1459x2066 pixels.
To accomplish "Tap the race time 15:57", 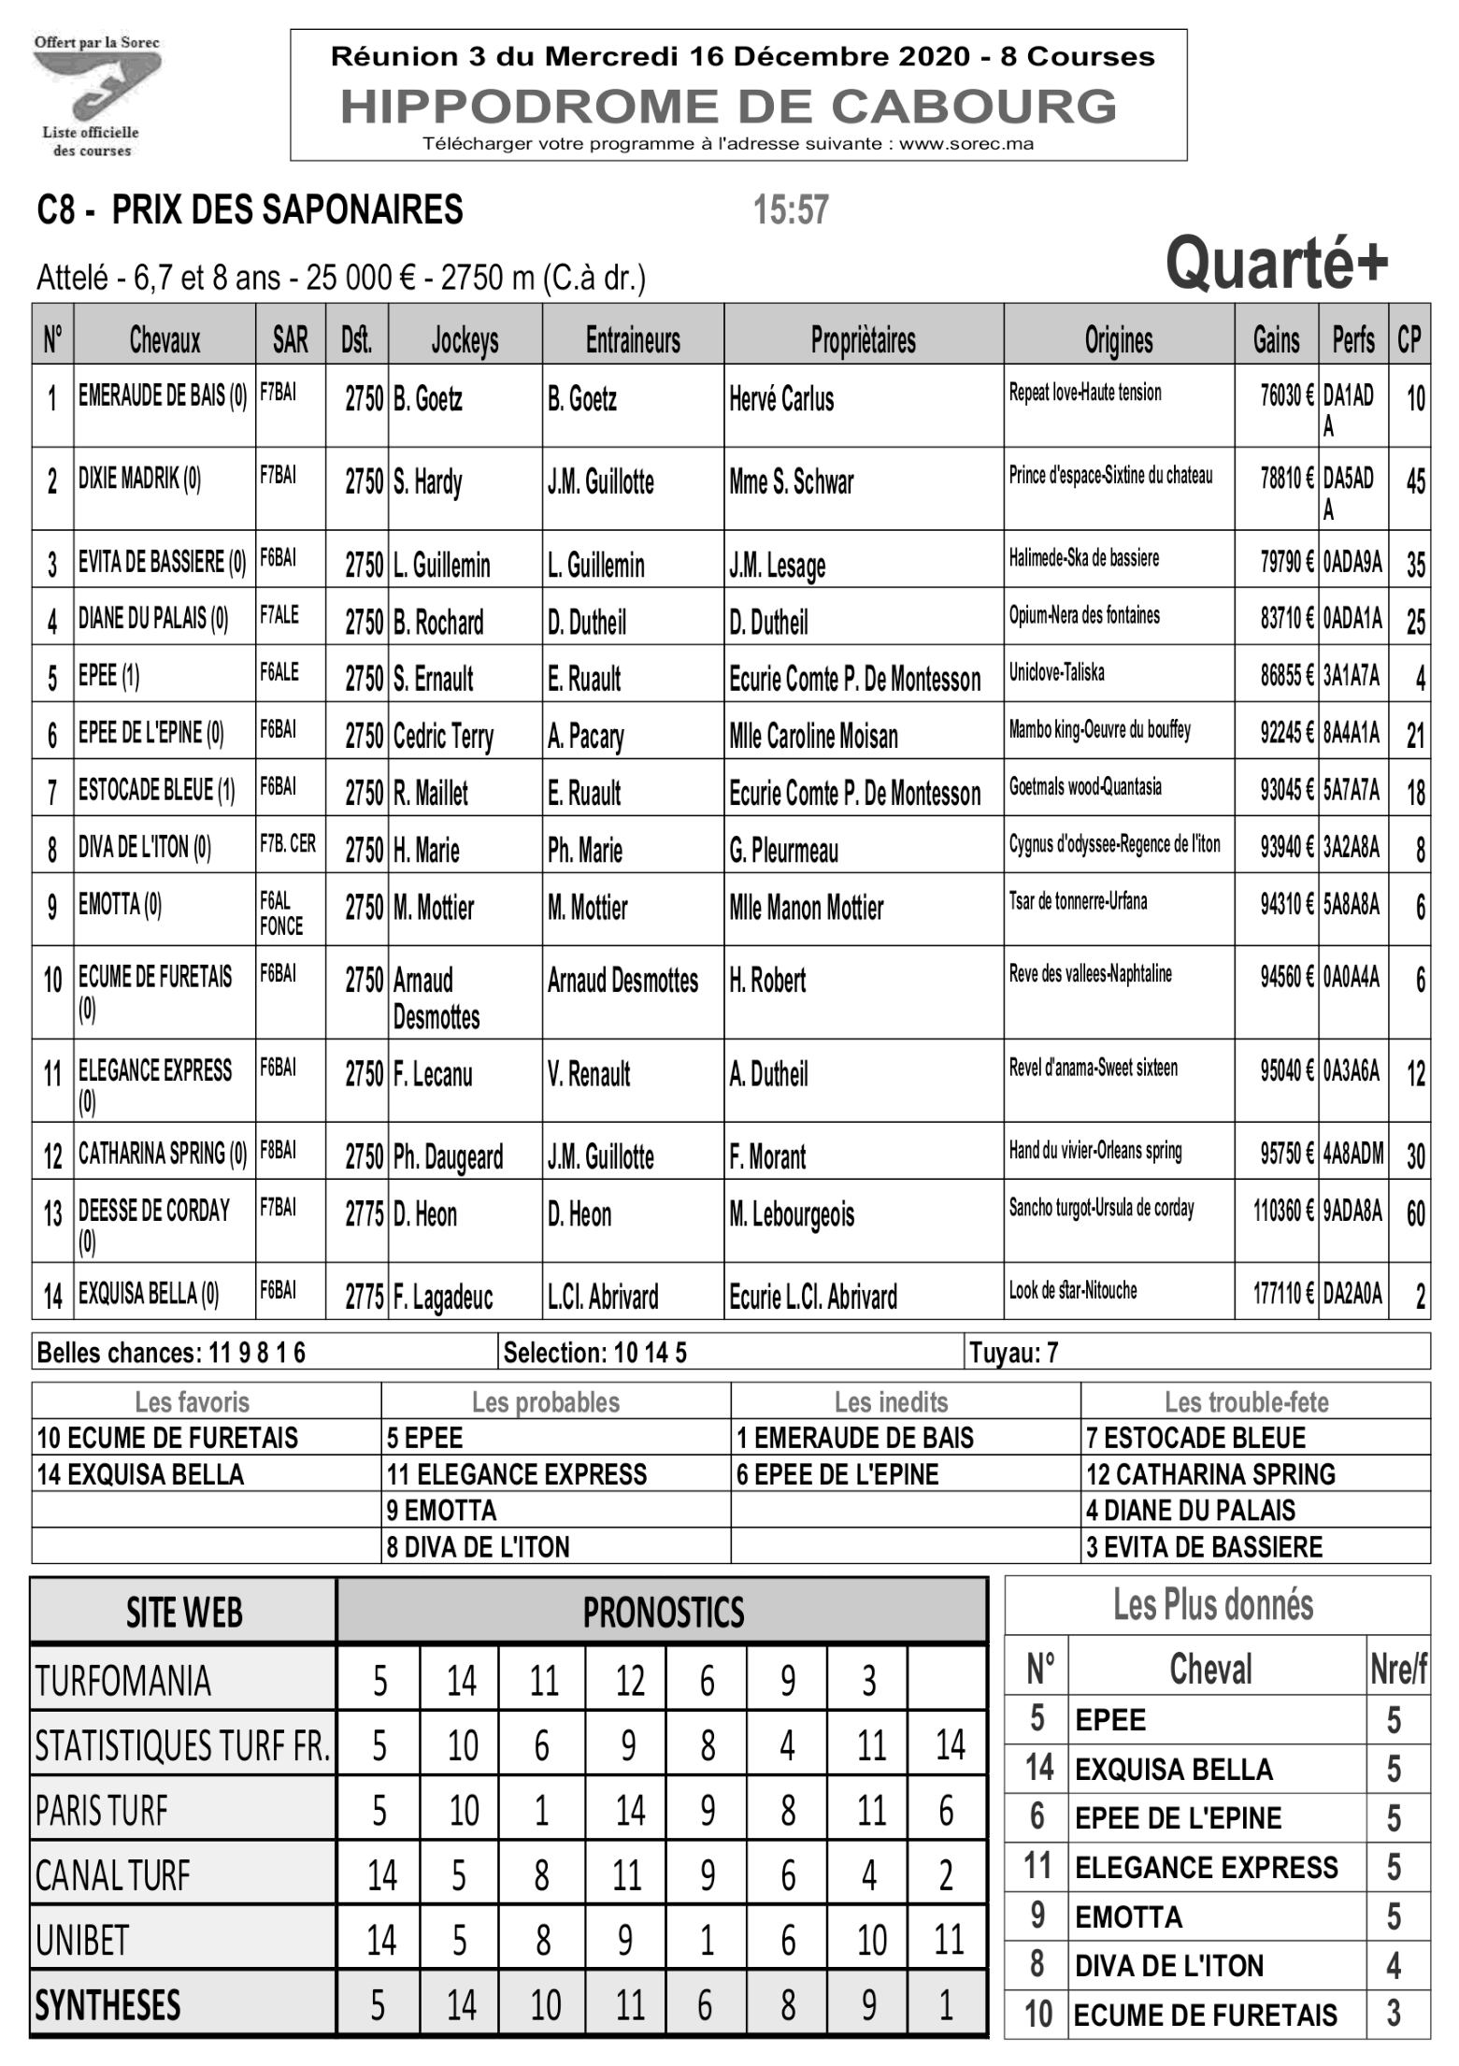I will click(791, 210).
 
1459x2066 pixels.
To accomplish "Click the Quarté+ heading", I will click(1277, 265).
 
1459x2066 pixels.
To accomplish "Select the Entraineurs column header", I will click(633, 340).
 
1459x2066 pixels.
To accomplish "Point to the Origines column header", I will click(1118, 340).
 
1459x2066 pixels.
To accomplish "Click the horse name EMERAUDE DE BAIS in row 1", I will click(163, 396).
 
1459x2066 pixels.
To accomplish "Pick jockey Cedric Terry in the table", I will click(443, 737).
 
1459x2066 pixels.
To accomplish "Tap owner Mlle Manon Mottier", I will click(806, 908).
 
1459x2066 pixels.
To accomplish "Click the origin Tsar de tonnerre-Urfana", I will click(1078, 901).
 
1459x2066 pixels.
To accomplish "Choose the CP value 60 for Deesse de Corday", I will click(1415, 1213).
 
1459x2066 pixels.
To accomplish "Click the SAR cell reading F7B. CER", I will click(288, 844).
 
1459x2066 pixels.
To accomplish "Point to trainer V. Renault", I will click(589, 1074).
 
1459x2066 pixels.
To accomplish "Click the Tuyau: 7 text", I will click(1013, 1353).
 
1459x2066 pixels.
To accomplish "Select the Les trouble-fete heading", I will click(1246, 1402).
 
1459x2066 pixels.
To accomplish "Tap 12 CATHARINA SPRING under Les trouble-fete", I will click(1210, 1474).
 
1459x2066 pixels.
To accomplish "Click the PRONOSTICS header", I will click(663, 1612).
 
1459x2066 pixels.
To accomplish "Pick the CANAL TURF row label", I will click(112, 1875).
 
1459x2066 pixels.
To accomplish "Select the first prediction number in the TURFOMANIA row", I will click(379, 1681).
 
